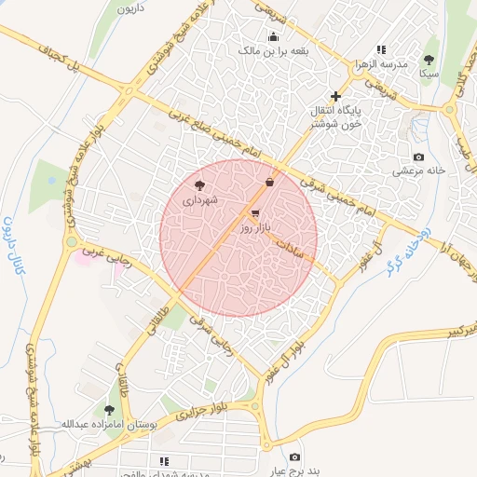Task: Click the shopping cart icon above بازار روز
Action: [255, 213]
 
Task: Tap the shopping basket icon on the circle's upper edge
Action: [269, 182]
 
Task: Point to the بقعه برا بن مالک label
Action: [274, 51]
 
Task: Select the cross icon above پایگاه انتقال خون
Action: [336, 96]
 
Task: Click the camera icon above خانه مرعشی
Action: [418, 157]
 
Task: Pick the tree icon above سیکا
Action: [429, 59]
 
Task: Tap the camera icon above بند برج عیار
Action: [295, 457]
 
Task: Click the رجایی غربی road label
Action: [102, 255]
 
